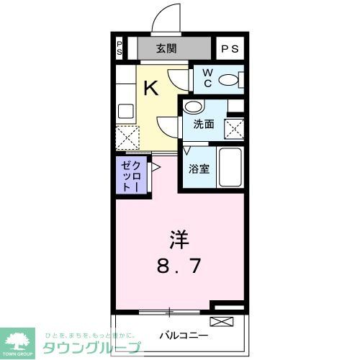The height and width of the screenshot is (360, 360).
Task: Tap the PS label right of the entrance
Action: (230, 49)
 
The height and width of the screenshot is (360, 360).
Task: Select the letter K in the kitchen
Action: (150, 88)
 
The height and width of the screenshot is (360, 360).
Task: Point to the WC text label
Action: (207, 78)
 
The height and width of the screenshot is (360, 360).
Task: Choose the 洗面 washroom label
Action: (203, 124)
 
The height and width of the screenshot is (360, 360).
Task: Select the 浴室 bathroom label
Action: (199, 169)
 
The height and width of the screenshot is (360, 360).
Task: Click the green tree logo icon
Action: (20, 339)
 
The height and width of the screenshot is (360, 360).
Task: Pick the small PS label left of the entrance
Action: (120, 49)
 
